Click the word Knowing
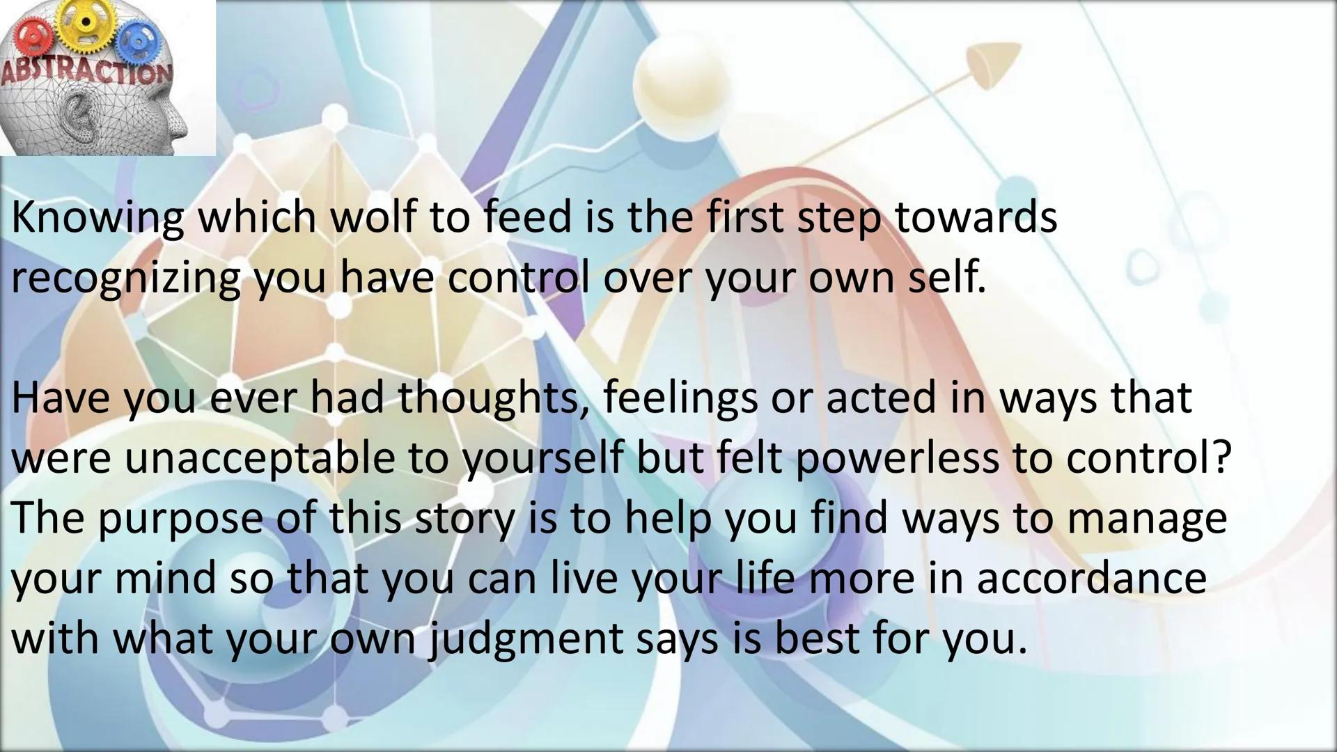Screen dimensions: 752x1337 pos(97,219)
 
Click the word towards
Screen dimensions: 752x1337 pos(976,217)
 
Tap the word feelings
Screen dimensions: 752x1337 pos(680,399)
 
